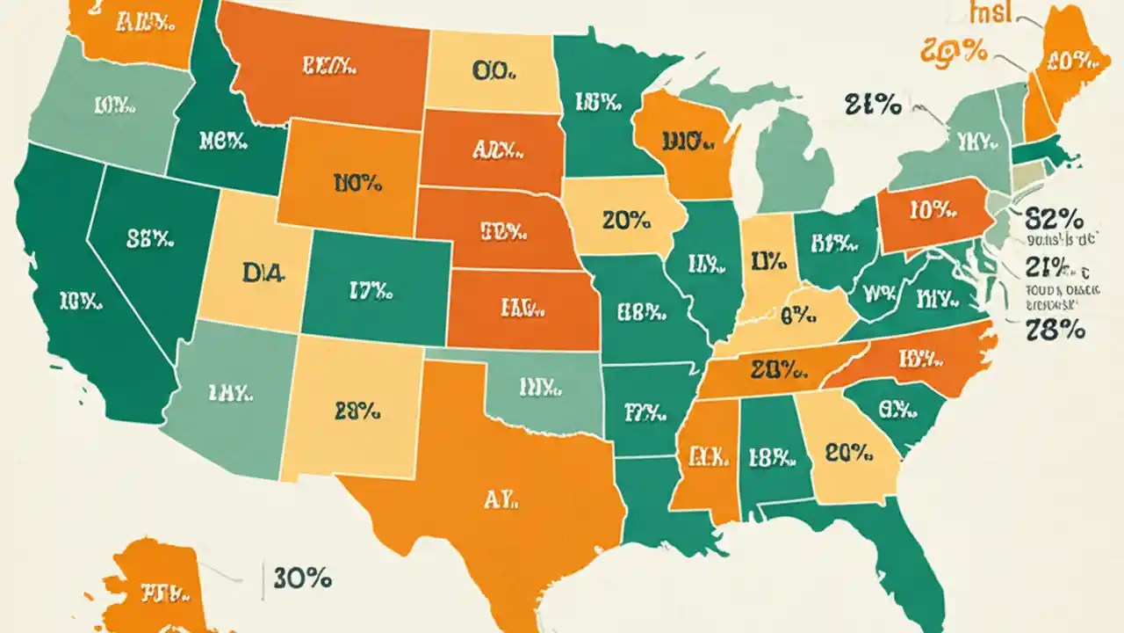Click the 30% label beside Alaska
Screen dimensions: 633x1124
click(302, 578)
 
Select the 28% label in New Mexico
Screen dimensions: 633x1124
click(357, 409)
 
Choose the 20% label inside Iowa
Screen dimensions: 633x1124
click(627, 221)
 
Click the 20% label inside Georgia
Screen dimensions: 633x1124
click(849, 453)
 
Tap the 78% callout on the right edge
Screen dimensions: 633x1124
click(1056, 331)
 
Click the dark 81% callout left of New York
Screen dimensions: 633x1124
click(874, 105)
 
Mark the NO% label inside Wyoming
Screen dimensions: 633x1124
click(357, 183)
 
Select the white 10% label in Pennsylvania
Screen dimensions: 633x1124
click(932, 209)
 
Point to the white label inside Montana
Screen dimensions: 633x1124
click(328, 64)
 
